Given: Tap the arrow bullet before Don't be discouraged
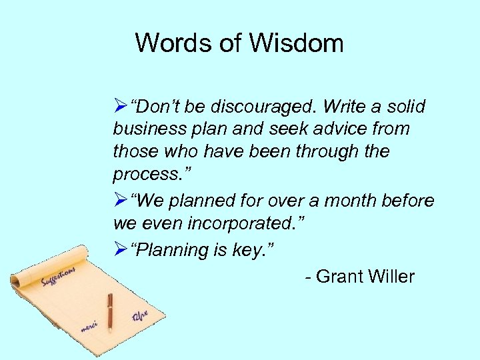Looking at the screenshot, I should coord(120,107).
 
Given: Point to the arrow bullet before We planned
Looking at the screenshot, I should coord(120,201).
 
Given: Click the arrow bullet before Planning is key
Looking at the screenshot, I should coord(120,250).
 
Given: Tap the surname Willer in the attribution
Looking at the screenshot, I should coord(389,277).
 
